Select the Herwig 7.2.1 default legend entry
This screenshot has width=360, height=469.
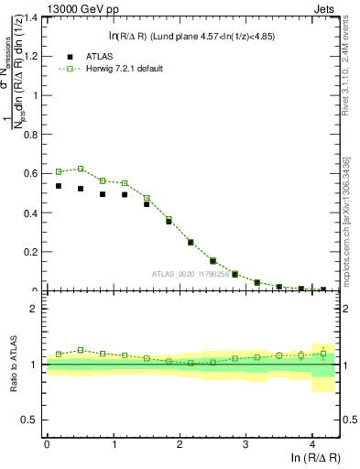pos(112,69)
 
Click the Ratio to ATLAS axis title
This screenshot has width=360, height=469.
pos(13,364)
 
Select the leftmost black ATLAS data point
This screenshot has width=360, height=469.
pos(59,186)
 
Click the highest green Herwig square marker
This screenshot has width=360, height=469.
pos(81,169)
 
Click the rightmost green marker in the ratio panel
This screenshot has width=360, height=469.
pos(323,354)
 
